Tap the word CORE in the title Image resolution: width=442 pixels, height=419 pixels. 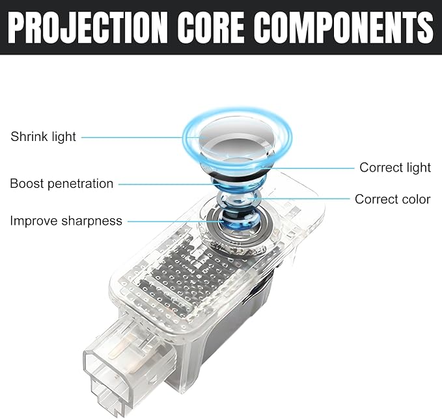pyautogui.click(x=211, y=28)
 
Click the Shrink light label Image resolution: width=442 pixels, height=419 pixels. pyautogui.click(x=43, y=137)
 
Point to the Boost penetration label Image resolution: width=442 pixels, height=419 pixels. pyautogui.click(x=61, y=184)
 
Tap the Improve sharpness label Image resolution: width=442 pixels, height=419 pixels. pyautogui.click(x=66, y=221)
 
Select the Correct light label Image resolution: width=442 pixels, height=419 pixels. pyautogui.click(x=395, y=168)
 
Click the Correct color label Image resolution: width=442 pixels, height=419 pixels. pyautogui.click(x=393, y=199)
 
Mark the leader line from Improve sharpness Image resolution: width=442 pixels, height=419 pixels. pyautogui.click(x=176, y=221)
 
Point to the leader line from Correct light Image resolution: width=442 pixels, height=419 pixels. pyautogui.click(x=308, y=168)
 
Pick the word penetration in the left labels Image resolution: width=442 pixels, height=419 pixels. pyautogui.click(x=80, y=184)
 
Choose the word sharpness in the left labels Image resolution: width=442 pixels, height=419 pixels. pyautogui.click(x=92, y=221)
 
